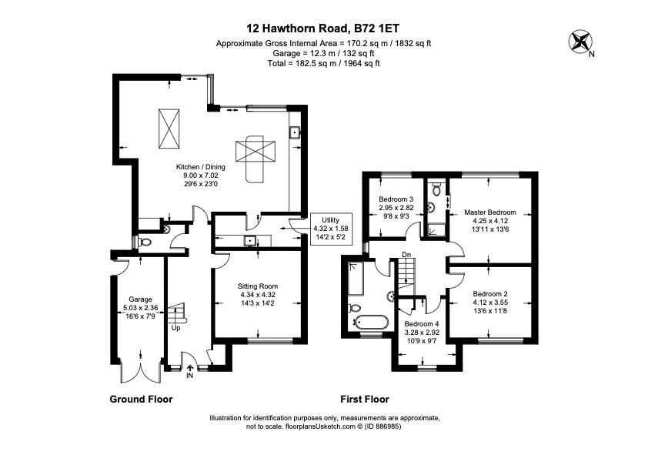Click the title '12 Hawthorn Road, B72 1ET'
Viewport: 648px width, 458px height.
[x=323, y=28]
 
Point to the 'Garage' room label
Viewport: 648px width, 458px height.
[x=140, y=299]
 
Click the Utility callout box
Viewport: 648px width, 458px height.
[x=331, y=229]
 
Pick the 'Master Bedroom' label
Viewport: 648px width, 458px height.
[x=489, y=212]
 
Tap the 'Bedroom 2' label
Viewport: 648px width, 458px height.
[x=489, y=294]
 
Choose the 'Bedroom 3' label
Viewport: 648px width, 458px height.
[x=396, y=199]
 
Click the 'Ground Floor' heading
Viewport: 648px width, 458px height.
[x=141, y=399]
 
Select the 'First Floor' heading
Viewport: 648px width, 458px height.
[x=365, y=399]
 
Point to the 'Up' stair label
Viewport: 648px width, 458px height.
[x=176, y=328]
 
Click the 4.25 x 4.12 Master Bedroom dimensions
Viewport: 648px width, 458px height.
[x=489, y=221]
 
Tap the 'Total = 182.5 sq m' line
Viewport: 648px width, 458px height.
[x=323, y=63]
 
